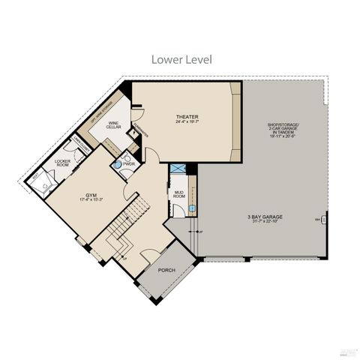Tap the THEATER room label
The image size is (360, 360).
(186, 116)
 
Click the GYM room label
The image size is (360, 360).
(89, 193)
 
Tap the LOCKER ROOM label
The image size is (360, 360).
(62, 163)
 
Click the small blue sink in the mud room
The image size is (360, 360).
(191, 208)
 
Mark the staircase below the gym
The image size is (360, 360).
(112, 232)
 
